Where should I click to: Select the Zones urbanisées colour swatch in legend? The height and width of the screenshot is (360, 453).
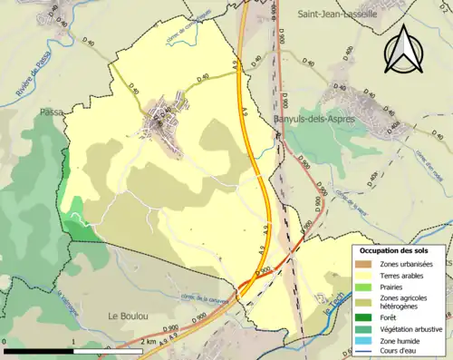coord(362,262)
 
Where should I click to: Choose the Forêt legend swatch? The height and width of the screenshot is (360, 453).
coord(362,317)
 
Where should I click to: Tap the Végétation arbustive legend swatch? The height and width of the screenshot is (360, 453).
coord(362,328)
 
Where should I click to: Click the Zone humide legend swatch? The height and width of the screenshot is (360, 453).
coord(362,340)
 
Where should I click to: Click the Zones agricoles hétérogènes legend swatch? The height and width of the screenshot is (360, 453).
coord(362,301)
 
